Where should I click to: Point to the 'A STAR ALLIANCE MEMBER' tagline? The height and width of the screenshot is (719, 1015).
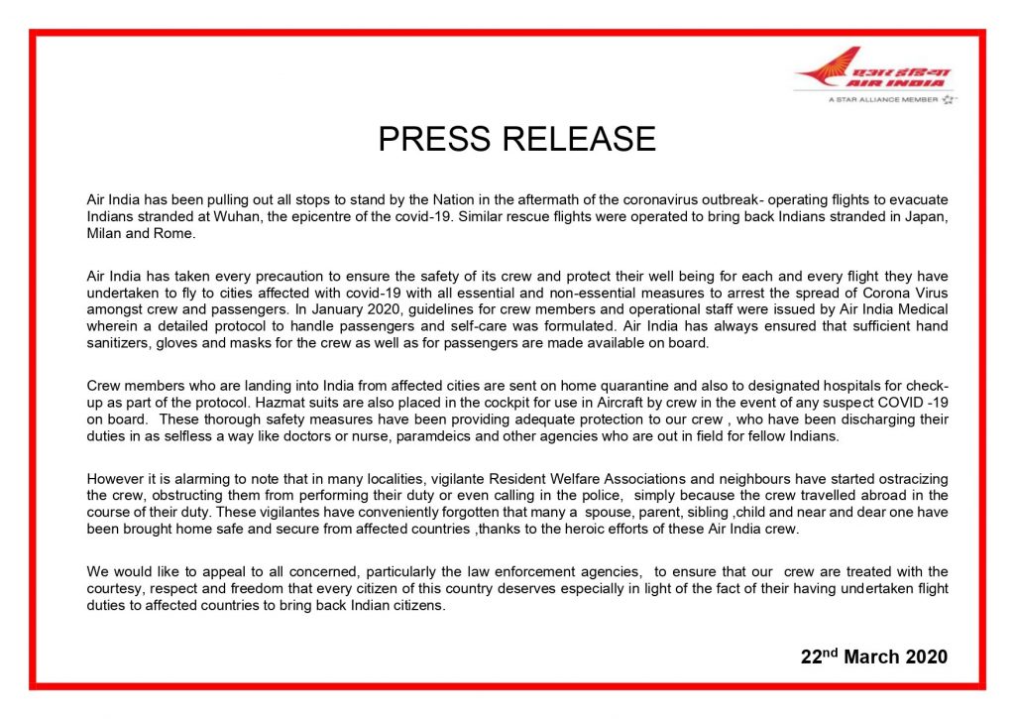[882, 99]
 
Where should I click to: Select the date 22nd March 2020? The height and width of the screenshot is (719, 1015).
[873, 657]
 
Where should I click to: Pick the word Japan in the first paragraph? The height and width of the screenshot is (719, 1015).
[925, 217]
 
